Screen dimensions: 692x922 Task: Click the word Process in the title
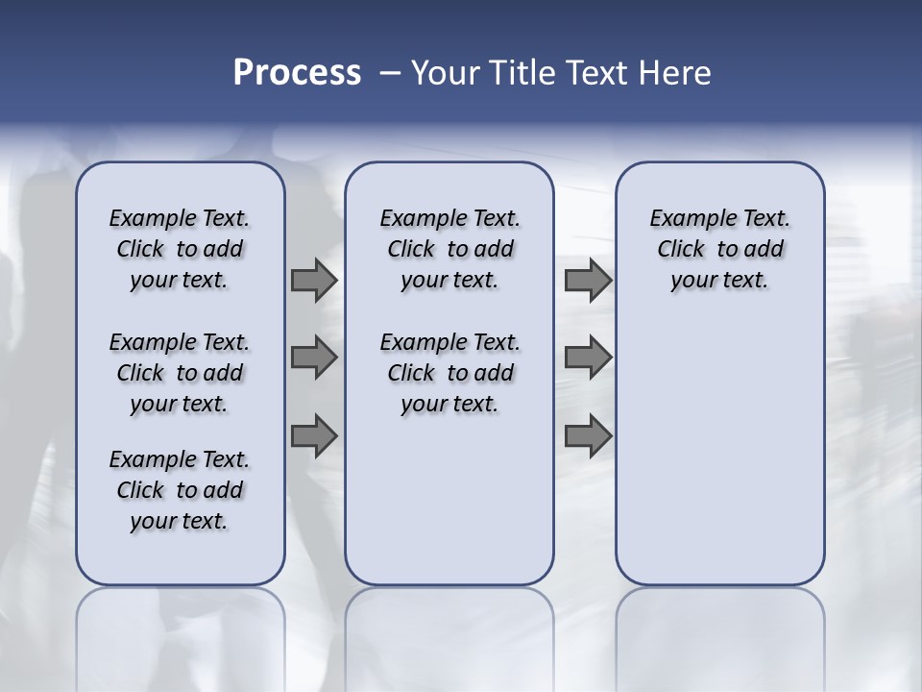(x=297, y=73)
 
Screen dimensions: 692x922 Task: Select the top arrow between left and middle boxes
(x=314, y=281)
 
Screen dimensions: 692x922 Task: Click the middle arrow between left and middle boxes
(x=314, y=358)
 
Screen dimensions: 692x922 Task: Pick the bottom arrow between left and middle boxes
(x=314, y=435)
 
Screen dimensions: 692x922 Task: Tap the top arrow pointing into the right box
(x=588, y=281)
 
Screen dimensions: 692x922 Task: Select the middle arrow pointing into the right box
(x=588, y=358)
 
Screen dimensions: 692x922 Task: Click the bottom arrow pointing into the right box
(x=588, y=435)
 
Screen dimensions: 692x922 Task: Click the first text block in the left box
(x=180, y=249)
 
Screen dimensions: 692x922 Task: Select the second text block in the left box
(x=180, y=373)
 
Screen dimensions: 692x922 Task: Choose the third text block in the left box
(x=180, y=490)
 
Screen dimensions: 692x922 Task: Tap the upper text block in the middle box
(x=449, y=249)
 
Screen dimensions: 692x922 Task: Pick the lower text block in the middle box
(x=449, y=373)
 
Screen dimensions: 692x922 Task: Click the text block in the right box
(x=719, y=249)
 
